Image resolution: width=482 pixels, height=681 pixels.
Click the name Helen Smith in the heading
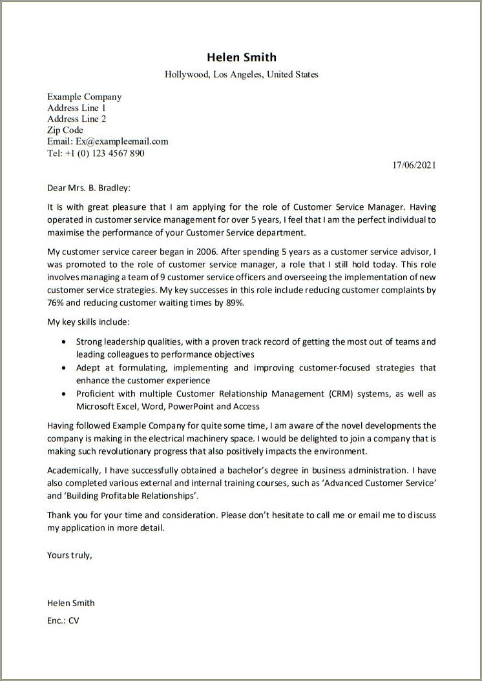(241, 57)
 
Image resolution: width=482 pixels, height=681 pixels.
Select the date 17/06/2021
(414, 165)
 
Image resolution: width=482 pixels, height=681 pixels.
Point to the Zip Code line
(65, 130)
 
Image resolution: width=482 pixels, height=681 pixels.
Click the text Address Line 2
(76, 119)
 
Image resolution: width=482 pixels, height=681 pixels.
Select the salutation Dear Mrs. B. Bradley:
(89, 188)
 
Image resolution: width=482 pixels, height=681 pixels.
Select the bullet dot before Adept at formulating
(62, 368)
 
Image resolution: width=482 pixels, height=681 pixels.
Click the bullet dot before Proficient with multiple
(62, 394)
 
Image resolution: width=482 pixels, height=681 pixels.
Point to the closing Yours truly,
(70, 554)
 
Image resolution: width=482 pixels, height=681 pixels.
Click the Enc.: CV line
(63, 620)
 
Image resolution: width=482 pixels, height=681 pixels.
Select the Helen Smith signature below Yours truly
(71, 603)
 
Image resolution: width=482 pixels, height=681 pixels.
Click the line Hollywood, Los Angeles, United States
(241, 75)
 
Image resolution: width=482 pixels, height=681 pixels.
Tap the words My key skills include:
(88, 321)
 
